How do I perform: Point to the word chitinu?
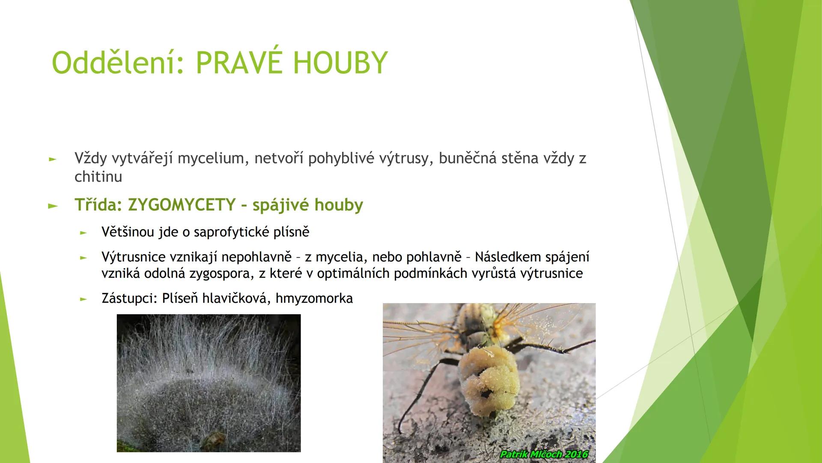pos(98,177)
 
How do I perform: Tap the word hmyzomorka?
pos(314,298)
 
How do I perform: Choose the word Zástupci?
pos(130,298)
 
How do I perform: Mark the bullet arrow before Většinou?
pos(83,233)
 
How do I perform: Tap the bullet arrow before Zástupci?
pos(83,299)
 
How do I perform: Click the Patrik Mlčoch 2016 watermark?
pos(544,454)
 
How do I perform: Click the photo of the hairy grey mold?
pos(208,383)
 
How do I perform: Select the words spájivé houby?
pos(307,205)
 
